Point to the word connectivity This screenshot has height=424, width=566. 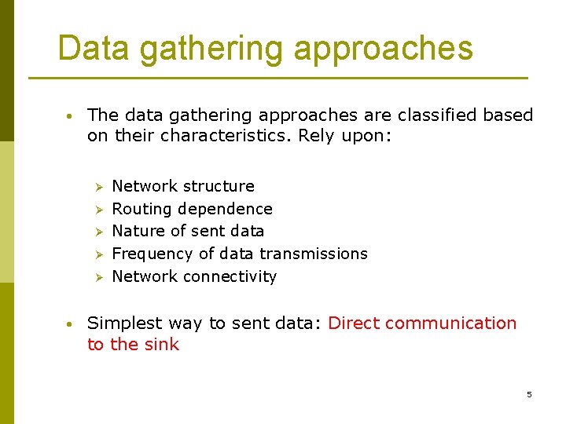pyautogui.click(x=230, y=276)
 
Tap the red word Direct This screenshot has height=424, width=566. pyautogui.click(x=353, y=323)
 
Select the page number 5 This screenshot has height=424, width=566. pyautogui.click(x=529, y=394)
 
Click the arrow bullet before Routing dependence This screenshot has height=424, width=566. pyautogui.click(x=99, y=210)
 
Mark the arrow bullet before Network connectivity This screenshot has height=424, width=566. pyautogui.click(x=99, y=277)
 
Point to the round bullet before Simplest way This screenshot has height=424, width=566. pyautogui.click(x=70, y=323)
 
